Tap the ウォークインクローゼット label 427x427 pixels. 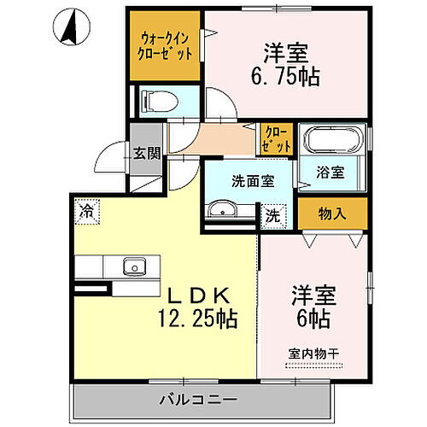tap(166, 45)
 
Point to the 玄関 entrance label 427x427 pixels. tap(146, 154)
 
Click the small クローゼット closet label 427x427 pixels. tap(277, 139)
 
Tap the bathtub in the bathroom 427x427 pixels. tap(331, 141)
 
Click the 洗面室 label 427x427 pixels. tap(253, 181)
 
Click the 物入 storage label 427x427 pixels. tap(331, 213)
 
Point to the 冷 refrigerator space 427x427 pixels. tap(86, 209)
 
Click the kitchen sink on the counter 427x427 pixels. tap(134, 266)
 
